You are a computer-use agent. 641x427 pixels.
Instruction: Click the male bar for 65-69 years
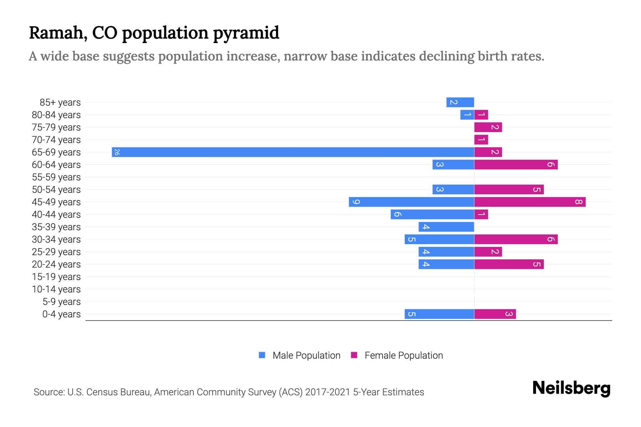pos(293,152)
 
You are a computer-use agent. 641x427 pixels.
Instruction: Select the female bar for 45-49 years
pos(530,202)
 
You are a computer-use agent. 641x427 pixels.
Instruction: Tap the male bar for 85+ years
pos(460,102)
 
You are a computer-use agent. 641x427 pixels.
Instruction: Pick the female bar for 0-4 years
pos(495,314)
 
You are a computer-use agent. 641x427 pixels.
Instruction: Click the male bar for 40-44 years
pos(432,215)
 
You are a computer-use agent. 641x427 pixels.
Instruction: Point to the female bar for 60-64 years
pos(516,165)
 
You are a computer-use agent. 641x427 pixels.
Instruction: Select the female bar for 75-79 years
pos(488,127)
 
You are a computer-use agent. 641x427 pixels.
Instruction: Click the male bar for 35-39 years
pos(446,227)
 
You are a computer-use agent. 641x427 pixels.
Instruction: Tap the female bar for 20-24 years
pos(509,264)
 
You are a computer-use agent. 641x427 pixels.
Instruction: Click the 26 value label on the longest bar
pos(116,152)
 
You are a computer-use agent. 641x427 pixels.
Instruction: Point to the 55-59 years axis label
pos(56,177)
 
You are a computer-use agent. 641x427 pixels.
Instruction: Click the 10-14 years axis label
pos(56,289)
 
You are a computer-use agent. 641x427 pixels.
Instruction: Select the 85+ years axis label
pos(60,102)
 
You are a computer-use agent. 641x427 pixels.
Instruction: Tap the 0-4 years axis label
pos(61,314)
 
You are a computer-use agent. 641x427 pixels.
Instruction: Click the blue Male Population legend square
pos(262,355)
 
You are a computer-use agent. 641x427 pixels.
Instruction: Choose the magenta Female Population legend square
pos(354,355)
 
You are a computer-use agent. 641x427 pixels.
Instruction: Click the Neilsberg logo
pos(571,388)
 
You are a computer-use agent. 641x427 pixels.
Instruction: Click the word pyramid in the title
pos(246,33)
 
